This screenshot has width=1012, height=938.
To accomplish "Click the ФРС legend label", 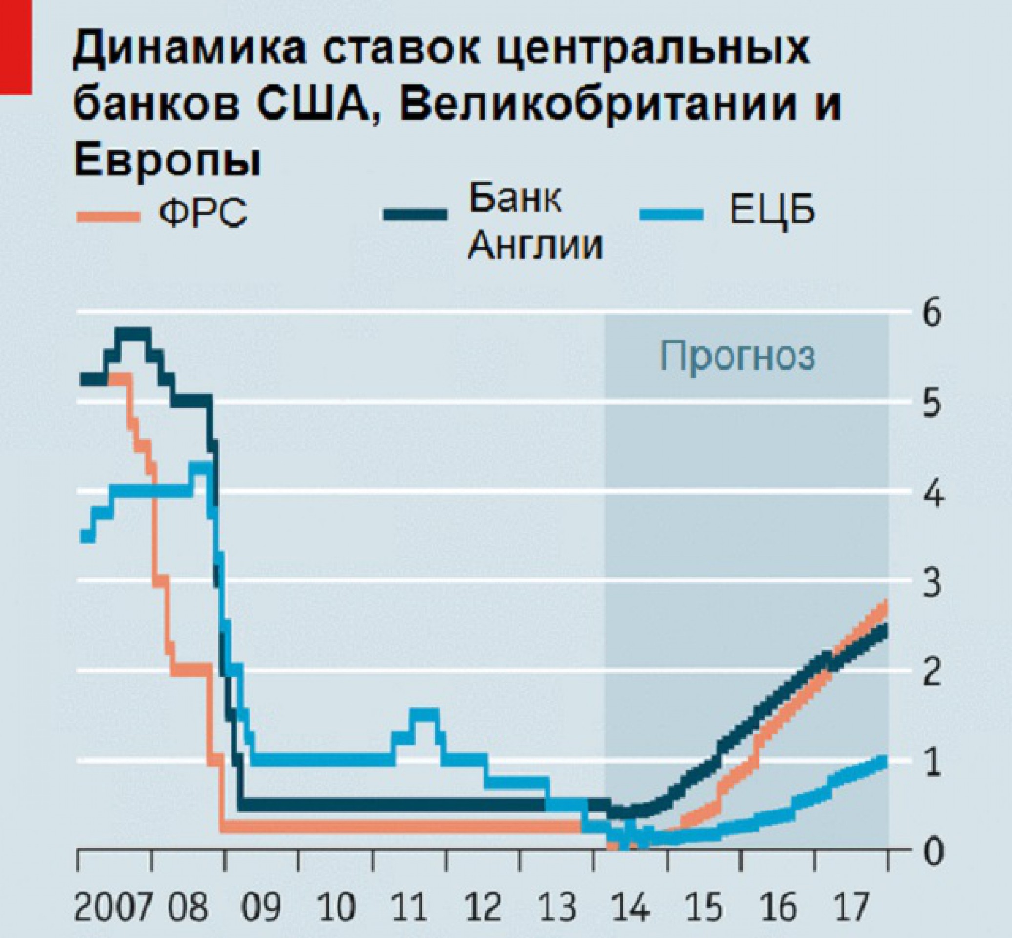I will [x=203, y=214].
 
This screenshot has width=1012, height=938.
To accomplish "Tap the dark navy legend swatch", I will [x=416, y=214].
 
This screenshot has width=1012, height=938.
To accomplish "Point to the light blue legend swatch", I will [x=672, y=214].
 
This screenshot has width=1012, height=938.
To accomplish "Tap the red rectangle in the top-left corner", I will [x=15, y=47].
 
